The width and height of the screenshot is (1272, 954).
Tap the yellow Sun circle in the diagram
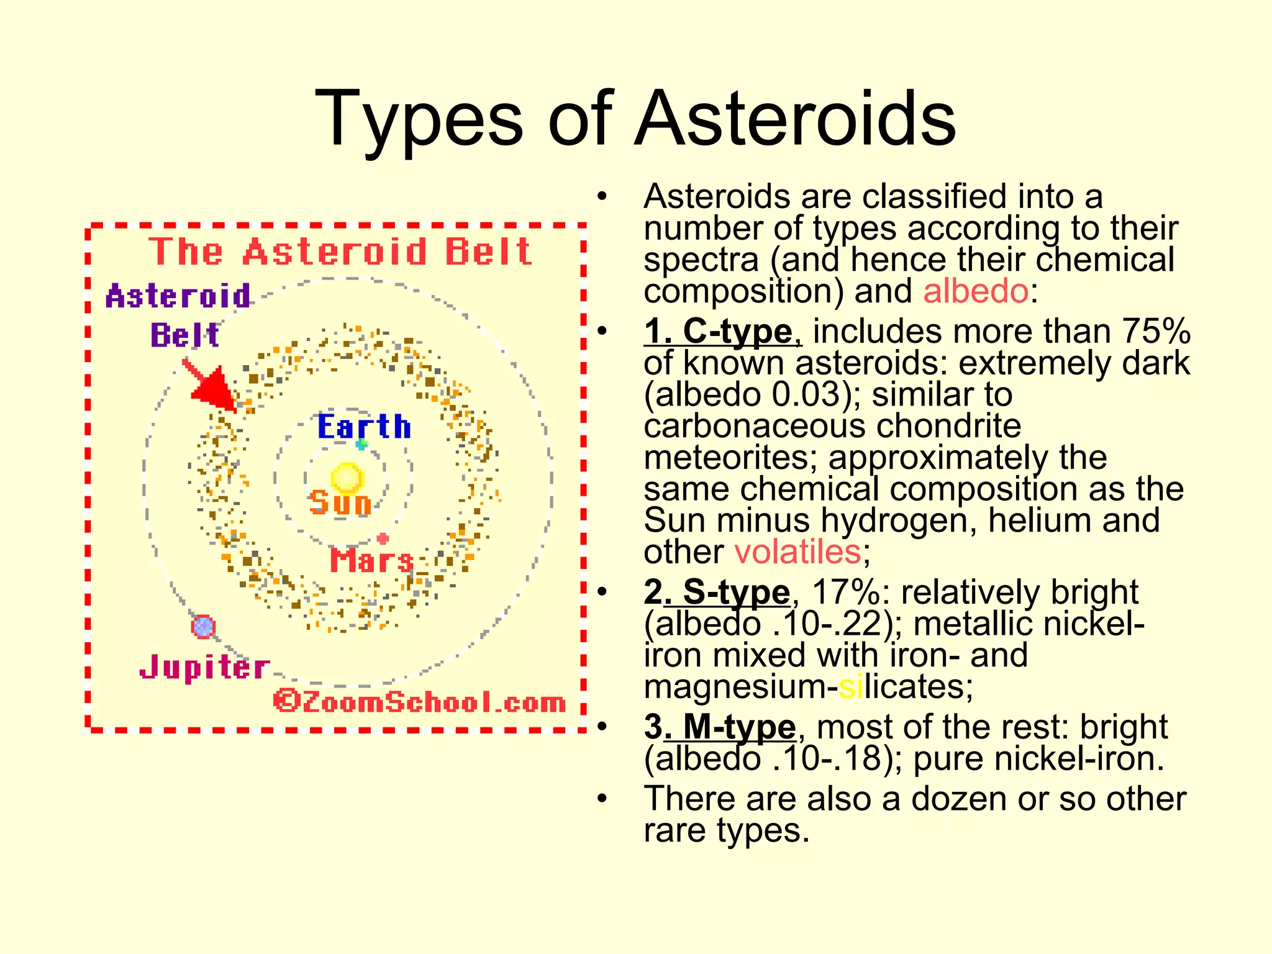coord(347,477)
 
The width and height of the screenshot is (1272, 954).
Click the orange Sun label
coord(340,502)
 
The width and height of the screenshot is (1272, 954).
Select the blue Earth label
coord(364,427)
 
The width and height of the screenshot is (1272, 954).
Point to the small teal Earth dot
coord(361,444)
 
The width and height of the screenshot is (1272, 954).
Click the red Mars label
coord(371,560)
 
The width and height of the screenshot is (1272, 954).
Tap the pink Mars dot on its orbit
coord(383,538)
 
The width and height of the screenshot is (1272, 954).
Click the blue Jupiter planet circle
coord(203,626)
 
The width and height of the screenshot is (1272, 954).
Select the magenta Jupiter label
coord(204,668)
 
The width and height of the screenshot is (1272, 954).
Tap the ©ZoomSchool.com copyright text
coord(420,702)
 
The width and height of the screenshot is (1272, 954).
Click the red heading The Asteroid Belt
coord(340,252)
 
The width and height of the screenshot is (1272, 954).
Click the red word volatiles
coord(797,552)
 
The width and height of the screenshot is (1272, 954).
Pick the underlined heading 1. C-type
coord(722,331)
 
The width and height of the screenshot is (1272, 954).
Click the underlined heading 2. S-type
coord(717,592)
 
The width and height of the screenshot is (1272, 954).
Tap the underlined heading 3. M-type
coord(720,727)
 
